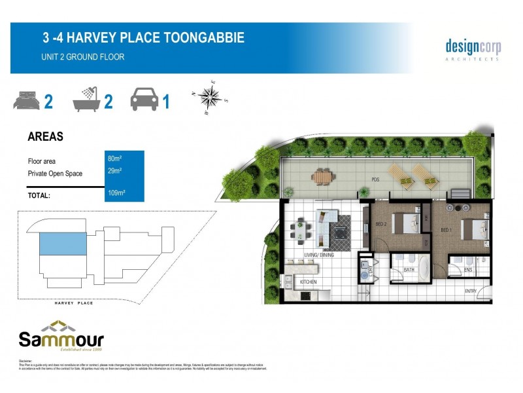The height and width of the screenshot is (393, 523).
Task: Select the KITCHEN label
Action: [x=309, y=282]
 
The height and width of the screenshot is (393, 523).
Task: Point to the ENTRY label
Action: [x=471, y=291]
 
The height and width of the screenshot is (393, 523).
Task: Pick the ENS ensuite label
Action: [x=467, y=269]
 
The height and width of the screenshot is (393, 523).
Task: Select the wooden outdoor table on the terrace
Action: [x=323, y=176]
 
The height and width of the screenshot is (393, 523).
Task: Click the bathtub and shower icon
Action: [x=87, y=100]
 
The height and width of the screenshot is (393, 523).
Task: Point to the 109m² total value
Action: [x=116, y=193]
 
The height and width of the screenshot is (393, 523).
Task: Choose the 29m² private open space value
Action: [x=114, y=171]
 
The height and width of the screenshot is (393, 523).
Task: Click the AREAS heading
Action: [x=45, y=137]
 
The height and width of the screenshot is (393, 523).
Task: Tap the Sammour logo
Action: [x=61, y=336]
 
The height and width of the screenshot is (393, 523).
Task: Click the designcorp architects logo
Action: [x=473, y=48]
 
